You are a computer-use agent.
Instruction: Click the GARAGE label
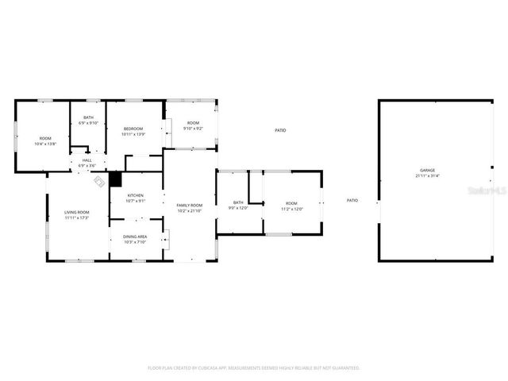pyautogui.click(x=427, y=171)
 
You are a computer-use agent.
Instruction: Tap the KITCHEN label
pyautogui.click(x=136, y=195)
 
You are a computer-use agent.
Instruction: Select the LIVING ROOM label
pyautogui.click(x=77, y=212)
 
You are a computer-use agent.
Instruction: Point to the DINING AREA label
pyautogui.click(x=134, y=237)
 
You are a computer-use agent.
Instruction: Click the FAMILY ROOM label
pyautogui.click(x=189, y=206)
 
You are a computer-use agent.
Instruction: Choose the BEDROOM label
pyautogui.click(x=133, y=129)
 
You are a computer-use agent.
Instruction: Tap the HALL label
pyautogui.click(x=87, y=160)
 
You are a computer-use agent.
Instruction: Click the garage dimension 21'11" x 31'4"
pyautogui.click(x=427, y=176)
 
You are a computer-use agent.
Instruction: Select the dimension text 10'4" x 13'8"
pyautogui.click(x=45, y=144)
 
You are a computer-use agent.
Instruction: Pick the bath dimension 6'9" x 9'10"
pyautogui.click(x=87, y=123)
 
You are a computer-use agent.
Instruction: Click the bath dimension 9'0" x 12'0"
pyautogui.click(x=238, y=208)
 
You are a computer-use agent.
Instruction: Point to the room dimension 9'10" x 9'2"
pyautogui.click(x=193, y=129)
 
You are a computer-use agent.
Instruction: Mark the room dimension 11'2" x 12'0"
pyautogui.click(x=292, y=209)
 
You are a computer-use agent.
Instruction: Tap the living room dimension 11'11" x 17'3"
pyautogui.click(x=77, y=217)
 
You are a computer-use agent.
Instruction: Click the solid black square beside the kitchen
pyautogui.click(x=116, y=179)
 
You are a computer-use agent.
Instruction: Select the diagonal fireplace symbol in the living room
pyautogui.click(x=99, y=182)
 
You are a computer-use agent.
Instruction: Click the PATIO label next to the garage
pyautogui.click(x=352, y=200)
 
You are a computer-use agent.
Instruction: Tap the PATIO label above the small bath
pyautogui.click(x=280, y=130)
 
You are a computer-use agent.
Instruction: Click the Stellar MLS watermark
pyautogui.click(x=487, y=191)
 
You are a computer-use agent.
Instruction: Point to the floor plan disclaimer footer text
pyautogui.click(x=254, y=368)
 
